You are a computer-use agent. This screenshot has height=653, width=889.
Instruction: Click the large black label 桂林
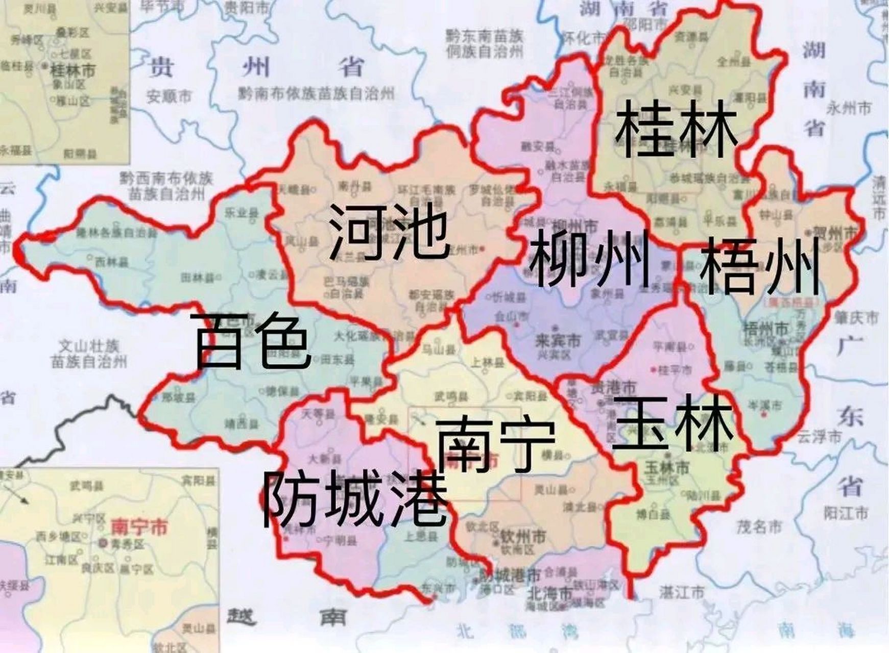point(676,128)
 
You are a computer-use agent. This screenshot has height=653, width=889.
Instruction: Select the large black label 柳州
point(589,258)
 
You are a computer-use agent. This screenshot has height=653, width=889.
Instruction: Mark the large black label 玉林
point(673,423)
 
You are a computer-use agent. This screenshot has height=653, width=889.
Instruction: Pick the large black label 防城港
point(355,498)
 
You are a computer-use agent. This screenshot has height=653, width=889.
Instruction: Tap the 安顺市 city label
point(169,96)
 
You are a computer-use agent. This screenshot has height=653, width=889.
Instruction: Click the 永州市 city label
point(849,108)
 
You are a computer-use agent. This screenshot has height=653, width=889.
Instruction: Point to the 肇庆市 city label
point(856,318)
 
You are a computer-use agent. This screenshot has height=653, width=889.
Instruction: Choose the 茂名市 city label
point(759,526)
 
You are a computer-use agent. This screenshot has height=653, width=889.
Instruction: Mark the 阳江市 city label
point(846,512)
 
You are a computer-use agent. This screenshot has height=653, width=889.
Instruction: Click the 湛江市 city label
point(681,592)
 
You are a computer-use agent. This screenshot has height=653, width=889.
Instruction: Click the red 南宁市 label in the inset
point(139,527)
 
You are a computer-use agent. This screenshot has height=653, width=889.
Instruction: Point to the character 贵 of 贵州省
point(161,67)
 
